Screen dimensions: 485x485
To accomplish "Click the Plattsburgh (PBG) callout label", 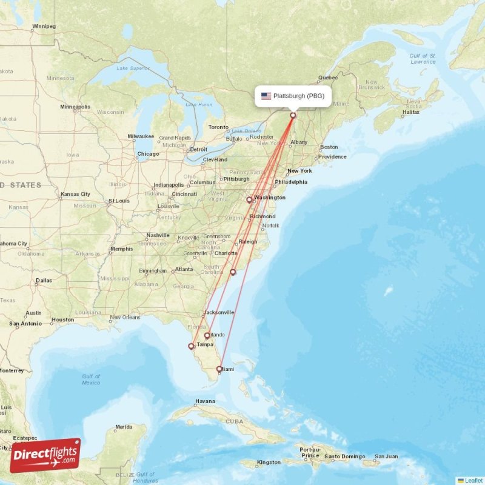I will pyautogui.click(x=293, y=96).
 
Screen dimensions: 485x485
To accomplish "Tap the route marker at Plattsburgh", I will pyautogui.click(x=293, y=115).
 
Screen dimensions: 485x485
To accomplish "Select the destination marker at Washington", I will pyautogui.click(x=249, y=199).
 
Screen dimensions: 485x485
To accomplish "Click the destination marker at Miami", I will pyautogui.click(x=219, y=369).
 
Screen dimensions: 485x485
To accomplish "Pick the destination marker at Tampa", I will pyautogui.click(x=192, y=347).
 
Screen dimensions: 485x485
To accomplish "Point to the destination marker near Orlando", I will pyautogui.click(x=207, y=335).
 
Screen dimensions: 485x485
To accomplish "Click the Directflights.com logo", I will pyautogui.click(x=45, y=455).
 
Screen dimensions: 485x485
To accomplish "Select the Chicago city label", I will pyautogui.click(x=148, y=154).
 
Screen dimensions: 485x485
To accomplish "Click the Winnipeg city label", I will pyautogui.click(x=44, y=27).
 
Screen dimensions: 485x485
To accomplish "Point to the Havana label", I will pyautogui.click(x=205, y=401).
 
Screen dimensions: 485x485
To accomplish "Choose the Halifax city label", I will pyautogui.click(x=410, y=112).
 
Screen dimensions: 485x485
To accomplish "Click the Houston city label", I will pyautogui.click(x=62, y=319).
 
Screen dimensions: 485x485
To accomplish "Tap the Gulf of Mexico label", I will pyautogui.click(x=91, y=380).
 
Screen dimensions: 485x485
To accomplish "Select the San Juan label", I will pyautogui.click(x=386, y=457).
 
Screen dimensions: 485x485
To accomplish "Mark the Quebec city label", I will pyautogui.click(x=328, y=78).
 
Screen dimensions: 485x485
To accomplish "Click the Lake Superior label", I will pyautogui.click(x=132, y=68).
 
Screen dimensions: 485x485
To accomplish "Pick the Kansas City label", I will pyautogui.click(x=75, y=194).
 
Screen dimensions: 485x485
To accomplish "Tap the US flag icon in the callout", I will pyautogui.click(x=266, y=96).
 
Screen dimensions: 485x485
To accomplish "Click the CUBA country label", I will pyautogui.click(x=234, y=420).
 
